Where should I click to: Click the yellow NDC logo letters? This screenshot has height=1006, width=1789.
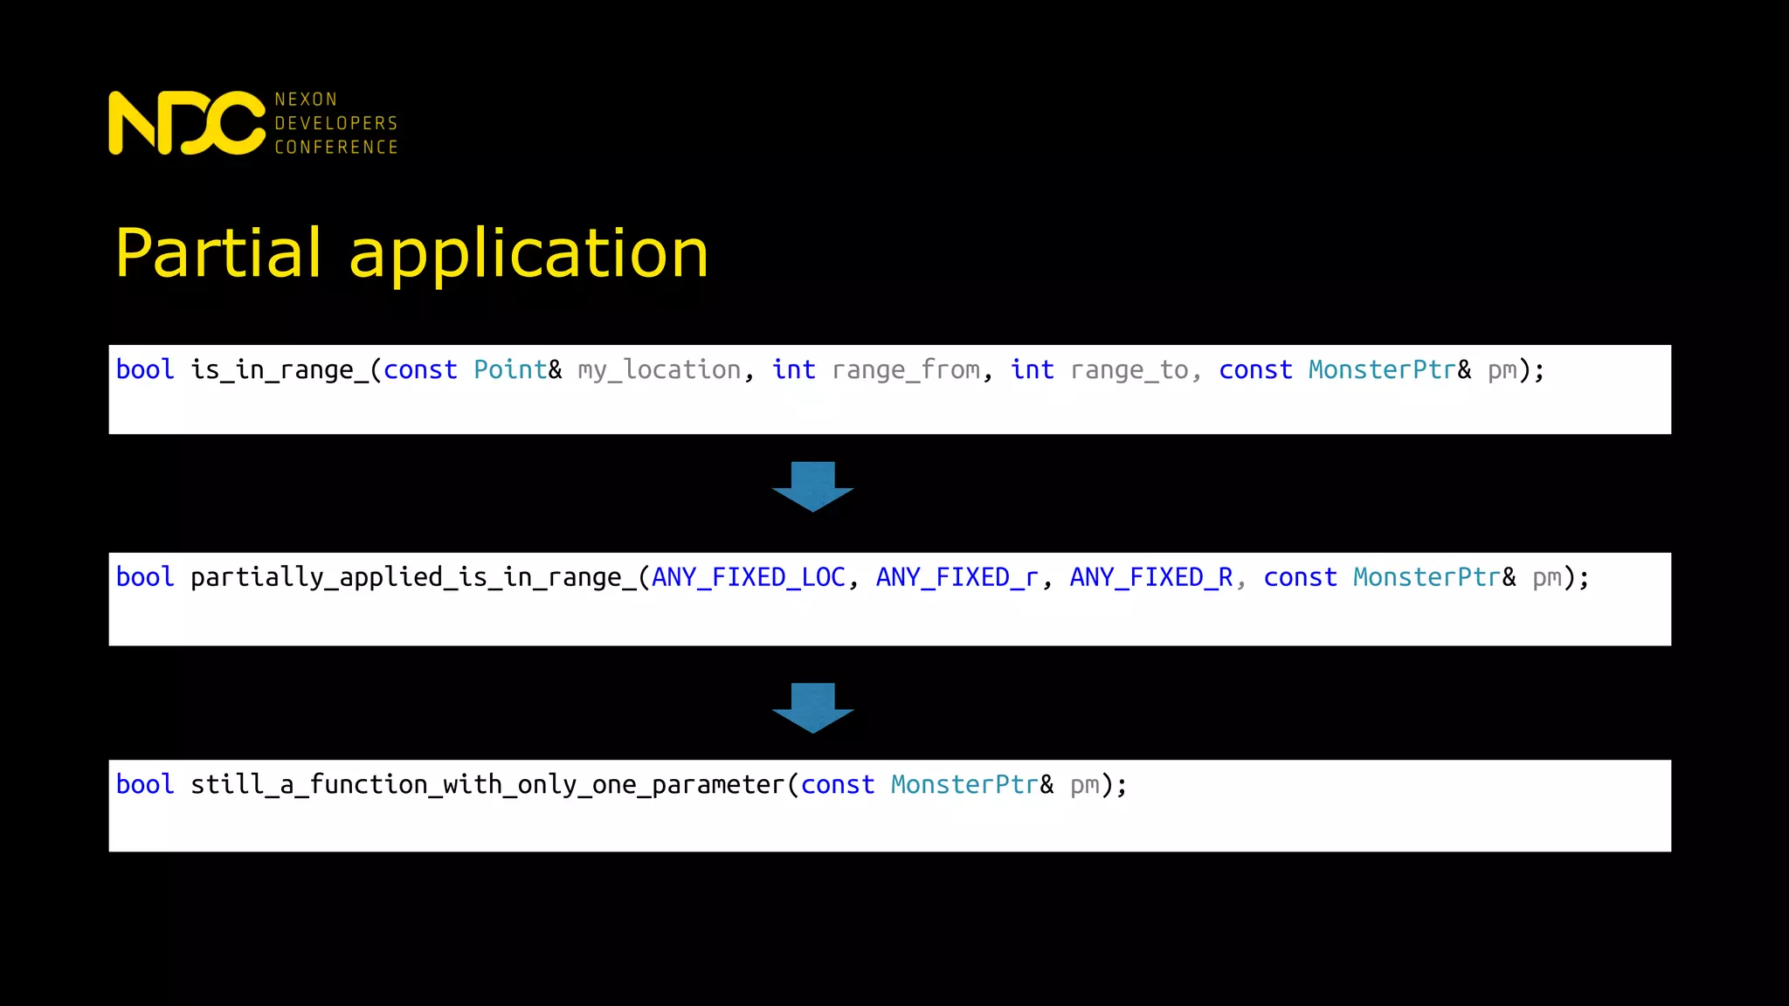coord(186,123)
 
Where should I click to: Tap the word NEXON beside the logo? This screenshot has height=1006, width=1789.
coord(306,100)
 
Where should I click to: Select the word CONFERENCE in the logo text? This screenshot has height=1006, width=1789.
coord(336,147)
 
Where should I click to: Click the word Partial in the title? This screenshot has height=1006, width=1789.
coord(218,253)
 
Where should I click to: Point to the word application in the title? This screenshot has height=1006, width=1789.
coord(528,253)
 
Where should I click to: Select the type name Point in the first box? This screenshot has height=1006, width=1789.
coord(510,370)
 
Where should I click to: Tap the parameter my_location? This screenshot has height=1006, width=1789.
coord(660,370)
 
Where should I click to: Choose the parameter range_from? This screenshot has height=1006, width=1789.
coord(906,370)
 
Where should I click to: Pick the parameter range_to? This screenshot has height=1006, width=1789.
coord(1129,370)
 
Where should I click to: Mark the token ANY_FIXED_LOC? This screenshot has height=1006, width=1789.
coord(749,577)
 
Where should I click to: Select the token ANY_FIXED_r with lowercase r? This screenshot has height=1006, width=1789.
coord(957,577)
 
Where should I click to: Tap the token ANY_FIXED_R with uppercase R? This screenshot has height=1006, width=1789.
coord(1151,577)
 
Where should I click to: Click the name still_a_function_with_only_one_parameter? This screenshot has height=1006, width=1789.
coord(487,784)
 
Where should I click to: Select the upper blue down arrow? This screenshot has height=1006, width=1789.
coord(812,486)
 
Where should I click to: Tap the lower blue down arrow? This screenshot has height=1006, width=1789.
coord(812,707)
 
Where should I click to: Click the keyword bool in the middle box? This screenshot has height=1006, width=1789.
coord(145,577)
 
